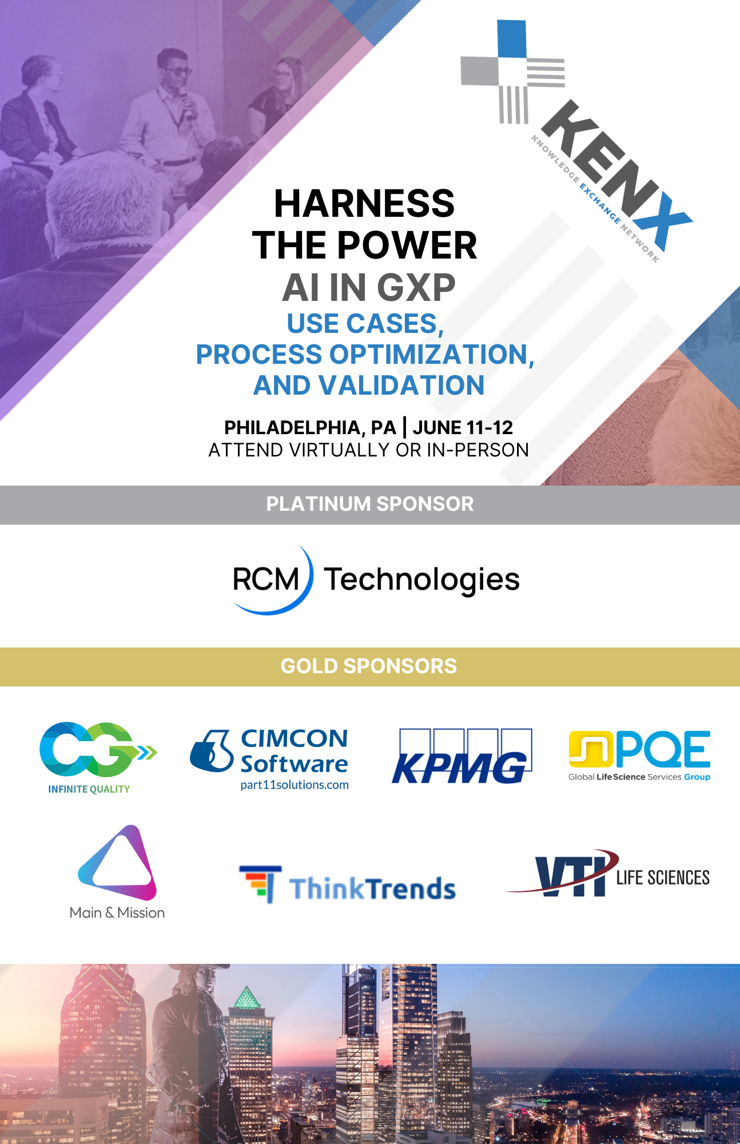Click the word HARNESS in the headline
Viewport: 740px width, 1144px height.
click(x=364, y=204)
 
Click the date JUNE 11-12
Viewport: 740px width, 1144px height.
click(x=463, y=427)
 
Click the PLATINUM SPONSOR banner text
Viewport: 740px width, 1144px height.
click(x=370, y=504)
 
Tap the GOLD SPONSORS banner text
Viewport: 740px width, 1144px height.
click(x=369, y=666)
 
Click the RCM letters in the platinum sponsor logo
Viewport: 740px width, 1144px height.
click(x=266, y=579)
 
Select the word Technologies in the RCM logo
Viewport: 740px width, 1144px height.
click(x=422, y=580)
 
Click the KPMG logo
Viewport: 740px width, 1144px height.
click(x=461, y=756)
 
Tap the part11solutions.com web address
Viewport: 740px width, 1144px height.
click(x=295, y=785)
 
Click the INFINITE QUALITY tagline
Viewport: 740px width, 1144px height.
click(x=89, y=789)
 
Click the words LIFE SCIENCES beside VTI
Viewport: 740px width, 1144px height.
click(x=663, y=877)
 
